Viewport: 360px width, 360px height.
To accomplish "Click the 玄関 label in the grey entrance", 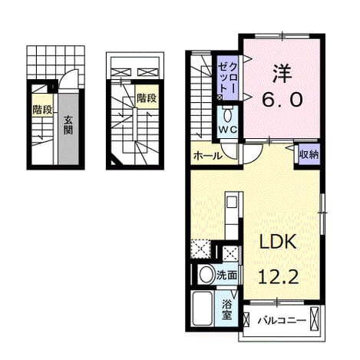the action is [x=68, y=125].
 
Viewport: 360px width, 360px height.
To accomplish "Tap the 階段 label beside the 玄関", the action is [x=42, y=110].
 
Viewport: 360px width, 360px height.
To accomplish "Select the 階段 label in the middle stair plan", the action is [x=147, y=97].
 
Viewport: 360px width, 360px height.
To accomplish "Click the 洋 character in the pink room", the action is [x=282, y=74].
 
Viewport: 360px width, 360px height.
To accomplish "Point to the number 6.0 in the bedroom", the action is [x=282, y=100].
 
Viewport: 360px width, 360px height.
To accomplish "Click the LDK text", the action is [x=278, y=242].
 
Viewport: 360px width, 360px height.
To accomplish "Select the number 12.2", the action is [x=279, y=276].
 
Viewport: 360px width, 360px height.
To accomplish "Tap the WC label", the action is [x=227, y=130].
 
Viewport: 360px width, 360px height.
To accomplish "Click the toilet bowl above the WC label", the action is [x=227, y=116].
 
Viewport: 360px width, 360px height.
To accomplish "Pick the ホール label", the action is [x=207, y=156].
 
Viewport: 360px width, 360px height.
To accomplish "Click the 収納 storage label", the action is [x=309, y=154].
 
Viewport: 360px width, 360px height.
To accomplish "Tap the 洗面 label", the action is [x=226, y=276].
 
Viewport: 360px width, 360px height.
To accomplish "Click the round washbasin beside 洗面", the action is [x=206, y=275].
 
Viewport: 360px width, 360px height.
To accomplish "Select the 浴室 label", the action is [x=226, y=309].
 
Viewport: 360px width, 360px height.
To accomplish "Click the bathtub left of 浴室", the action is [x=203, y=309].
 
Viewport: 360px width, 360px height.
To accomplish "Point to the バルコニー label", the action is [x=282, y=320].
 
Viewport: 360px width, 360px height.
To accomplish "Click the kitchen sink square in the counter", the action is [x=232, y=203].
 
